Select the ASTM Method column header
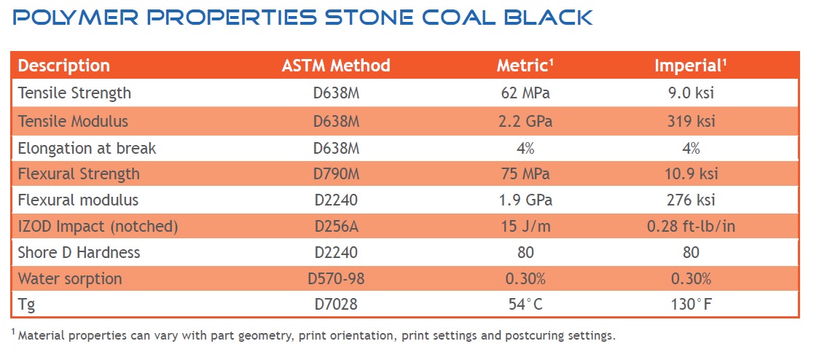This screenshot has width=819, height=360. (336, 66)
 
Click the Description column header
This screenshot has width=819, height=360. (64, 66)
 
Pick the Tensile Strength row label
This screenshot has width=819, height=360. (74, 93)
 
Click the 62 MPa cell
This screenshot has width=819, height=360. (525, 93)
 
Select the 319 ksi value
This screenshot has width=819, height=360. (691, 121)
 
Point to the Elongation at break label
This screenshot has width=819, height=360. (87, 148)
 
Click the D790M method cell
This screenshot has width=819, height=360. (336, 174)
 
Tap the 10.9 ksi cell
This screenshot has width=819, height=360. (691, 174)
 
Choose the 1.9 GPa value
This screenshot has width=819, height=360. (525, 200)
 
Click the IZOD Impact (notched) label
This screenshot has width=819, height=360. (98, 227)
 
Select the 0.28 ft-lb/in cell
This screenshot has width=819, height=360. (691, 227)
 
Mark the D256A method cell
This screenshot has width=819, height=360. (336, 227)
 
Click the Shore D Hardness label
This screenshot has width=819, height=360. (79, 253)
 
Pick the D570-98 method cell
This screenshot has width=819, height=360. (336, 279)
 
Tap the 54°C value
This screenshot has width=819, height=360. (525, 305)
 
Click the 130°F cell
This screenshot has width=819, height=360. (691, 305)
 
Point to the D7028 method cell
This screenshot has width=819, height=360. (336, 305)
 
